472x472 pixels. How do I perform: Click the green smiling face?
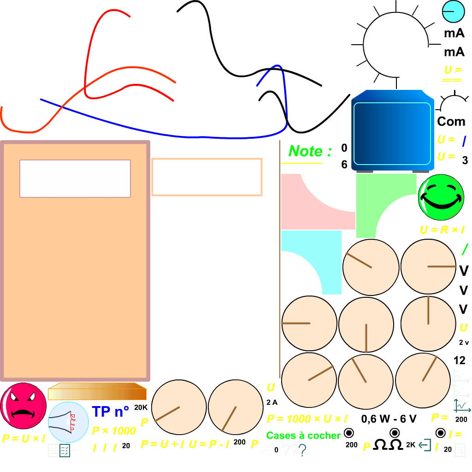click(441, 197)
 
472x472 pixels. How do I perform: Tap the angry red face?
click(23, 406)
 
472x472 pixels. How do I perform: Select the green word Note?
click(306, 151)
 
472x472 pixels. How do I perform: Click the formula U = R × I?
click(442, 230)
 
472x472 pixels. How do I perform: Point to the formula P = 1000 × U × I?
click(307, 419)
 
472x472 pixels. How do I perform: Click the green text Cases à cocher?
click(303, 436)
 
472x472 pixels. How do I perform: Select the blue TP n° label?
click(111, 411)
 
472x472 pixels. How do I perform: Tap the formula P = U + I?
click(163, 444)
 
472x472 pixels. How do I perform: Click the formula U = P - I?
click(209, 444)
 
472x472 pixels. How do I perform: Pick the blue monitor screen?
click(392, 131)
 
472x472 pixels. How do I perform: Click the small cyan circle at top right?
click(453, 12)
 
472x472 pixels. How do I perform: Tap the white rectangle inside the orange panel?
click(75, 178)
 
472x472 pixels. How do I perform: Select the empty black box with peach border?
click(207, 177)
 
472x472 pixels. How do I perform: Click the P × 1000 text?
click(114, 431)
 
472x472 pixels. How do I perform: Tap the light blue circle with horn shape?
click(68, 422)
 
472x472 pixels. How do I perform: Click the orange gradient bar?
click(97, 392)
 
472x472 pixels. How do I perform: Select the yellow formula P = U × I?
click(24, 438)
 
